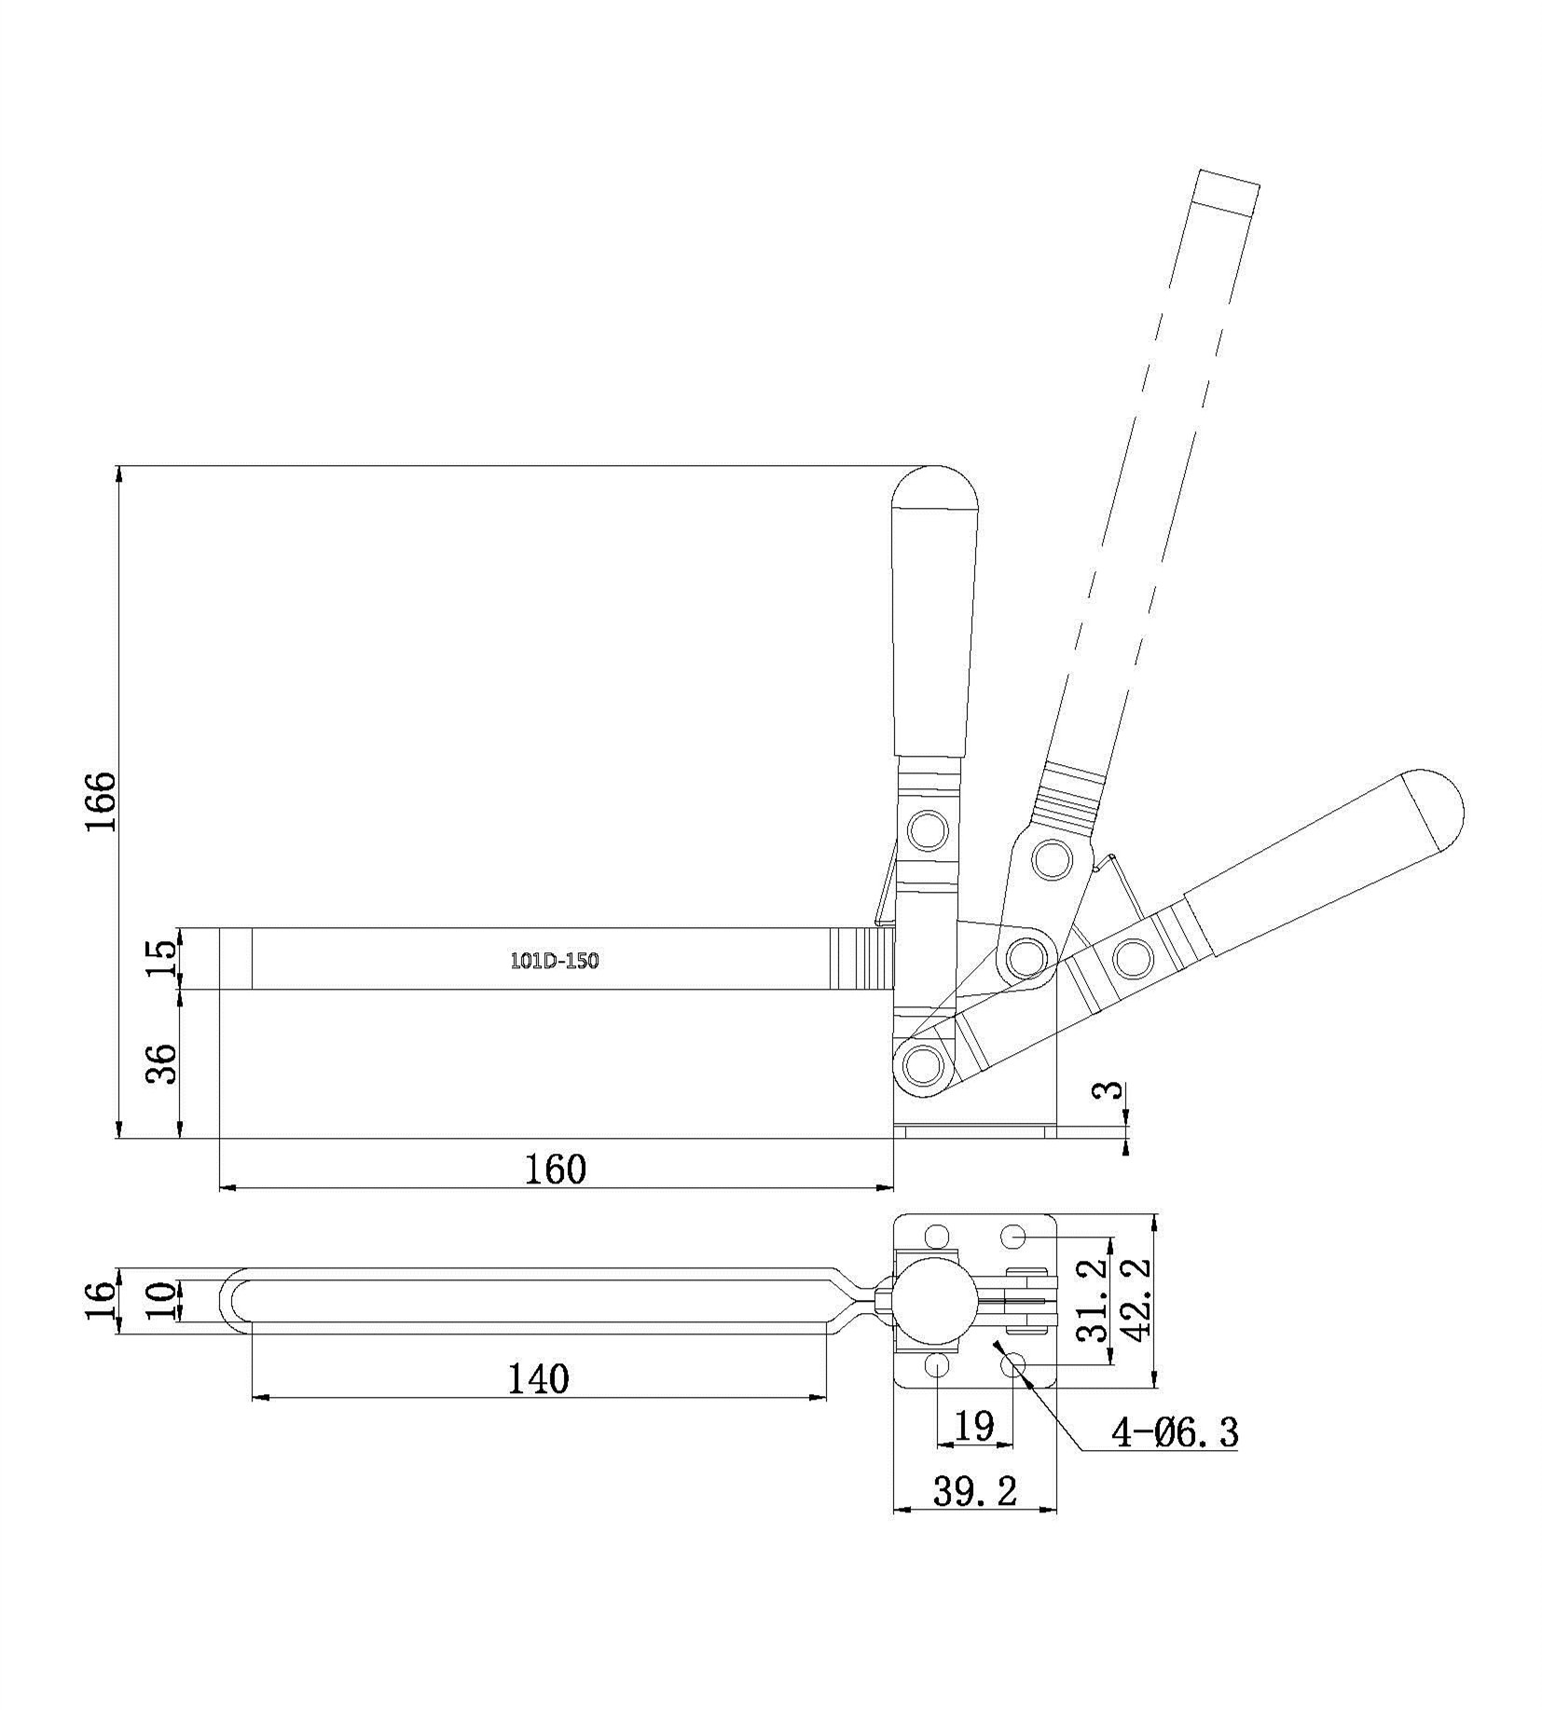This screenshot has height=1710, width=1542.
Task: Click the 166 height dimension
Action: [100, 801]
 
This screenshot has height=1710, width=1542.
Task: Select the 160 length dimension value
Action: [556, 1169]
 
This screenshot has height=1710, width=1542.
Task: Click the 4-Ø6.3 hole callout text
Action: [1175, 1430]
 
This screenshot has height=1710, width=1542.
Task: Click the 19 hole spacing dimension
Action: [974, 1426]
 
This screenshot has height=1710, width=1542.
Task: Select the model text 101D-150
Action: [554, 961]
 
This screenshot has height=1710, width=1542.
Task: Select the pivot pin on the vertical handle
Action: [928, 829]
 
